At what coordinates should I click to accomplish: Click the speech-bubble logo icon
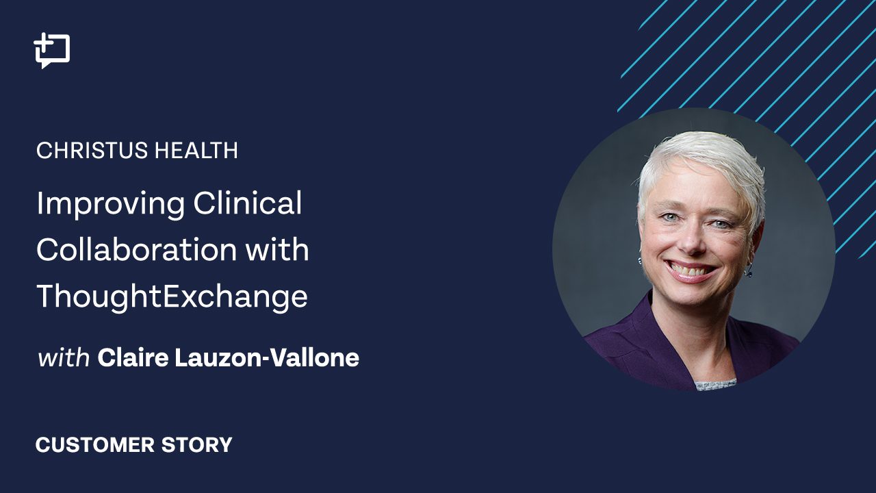pyautogui.click(x=52, y=51)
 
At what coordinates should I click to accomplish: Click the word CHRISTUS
pyautogui.click(x=92, y=150)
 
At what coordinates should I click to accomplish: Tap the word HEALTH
pyautogui.click(x=196, y=150)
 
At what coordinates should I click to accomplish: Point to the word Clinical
pyautogui.click(x=248, y=203)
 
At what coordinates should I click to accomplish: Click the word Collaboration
pyautogui.click(x=136, y=249)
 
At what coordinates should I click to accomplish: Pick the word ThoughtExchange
pyautogui.click(x=172, y=297)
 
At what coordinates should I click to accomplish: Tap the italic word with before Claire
pyautogui.click(x=64, y=357)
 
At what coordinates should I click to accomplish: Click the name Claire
pyautogui.click(x=133, y=357)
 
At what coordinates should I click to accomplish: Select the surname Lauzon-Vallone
pyautogui.click(x=267, y=357)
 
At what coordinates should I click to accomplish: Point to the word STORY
pyautogui.click(x=196, y=445)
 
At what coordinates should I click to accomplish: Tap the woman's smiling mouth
pyautogui.click(x=691, y=270)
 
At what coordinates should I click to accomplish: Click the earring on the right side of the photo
pyautogui.click(x=749, y=270)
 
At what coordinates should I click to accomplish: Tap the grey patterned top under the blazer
pyautogui.click(x=716, y=385)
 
